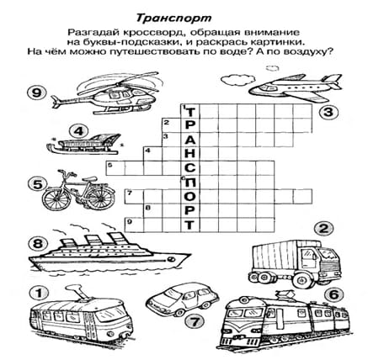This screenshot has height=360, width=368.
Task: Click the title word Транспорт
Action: [x=173, y=19]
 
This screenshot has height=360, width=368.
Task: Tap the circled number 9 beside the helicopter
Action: [x=37, y=93]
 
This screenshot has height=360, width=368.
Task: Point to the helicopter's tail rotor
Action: [x=57, y=102]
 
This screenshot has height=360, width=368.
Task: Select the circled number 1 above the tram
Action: [x=39, y=294]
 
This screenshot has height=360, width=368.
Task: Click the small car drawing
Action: [x=183, y=299]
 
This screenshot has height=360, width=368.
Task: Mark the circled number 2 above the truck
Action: [x=324, y=229]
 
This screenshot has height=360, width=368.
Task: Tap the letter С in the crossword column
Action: [x=190, y=167]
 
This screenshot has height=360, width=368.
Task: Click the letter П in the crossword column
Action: [x=190, y=183]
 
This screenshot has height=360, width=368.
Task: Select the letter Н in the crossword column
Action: [x=190, y=153]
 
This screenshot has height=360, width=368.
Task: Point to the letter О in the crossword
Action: [x=190, y=196]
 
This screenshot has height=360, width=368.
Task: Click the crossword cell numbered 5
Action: [x=115, y=168]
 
